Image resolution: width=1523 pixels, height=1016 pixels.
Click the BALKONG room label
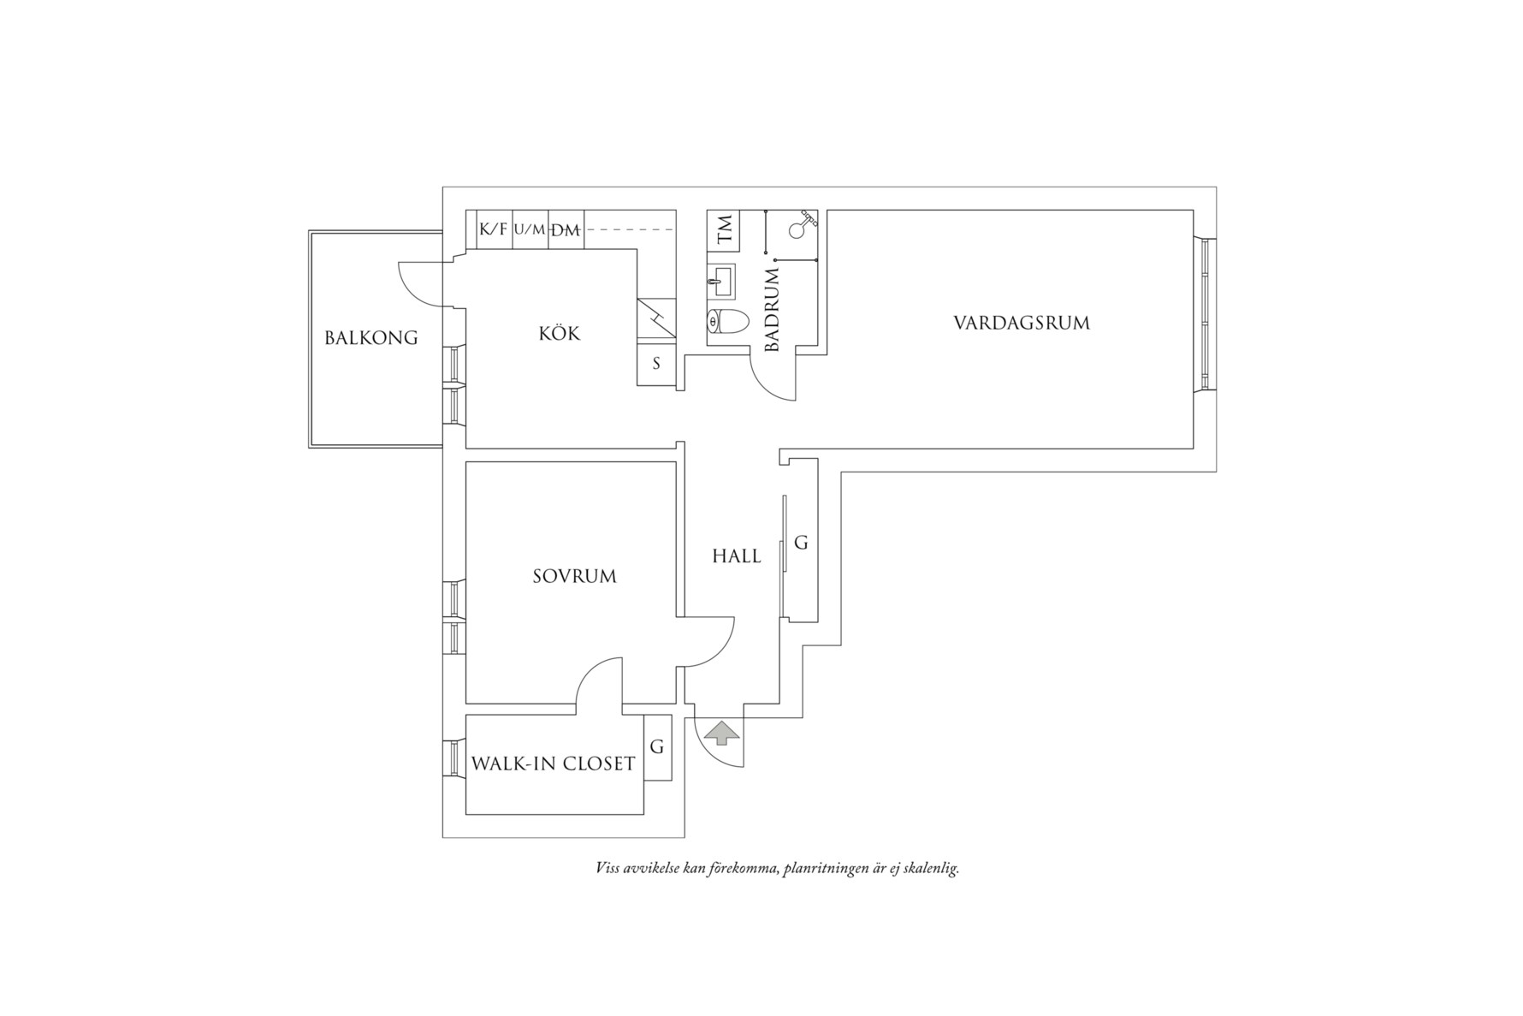(x=371, y=338)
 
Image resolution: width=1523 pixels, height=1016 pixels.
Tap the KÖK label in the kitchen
(x=560, y=333)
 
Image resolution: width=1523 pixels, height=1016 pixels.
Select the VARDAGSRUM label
(x=1022, y=324)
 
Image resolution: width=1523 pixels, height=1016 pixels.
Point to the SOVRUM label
(x=574, y=576)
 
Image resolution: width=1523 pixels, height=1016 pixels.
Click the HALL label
(x=737, y=556)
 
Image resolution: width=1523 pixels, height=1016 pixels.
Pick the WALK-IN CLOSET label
(x=554, y=763)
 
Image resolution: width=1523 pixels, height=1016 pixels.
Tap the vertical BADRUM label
(x=772, y=310)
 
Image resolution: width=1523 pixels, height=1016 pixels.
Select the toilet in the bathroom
(x=727, y=322)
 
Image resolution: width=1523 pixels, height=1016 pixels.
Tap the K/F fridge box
(x=494, y=229)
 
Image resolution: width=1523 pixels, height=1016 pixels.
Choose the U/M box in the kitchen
(x=530, y=229)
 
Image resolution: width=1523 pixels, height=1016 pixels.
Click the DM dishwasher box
(x=566, y=229)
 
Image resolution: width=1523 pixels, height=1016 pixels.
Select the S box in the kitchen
(x=657, y=364)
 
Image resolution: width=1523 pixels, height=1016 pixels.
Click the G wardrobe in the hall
(x=802, y=543)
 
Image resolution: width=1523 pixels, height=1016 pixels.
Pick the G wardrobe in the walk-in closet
(x=657, y=747)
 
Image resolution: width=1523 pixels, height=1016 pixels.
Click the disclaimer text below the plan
(x=778, y=869)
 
